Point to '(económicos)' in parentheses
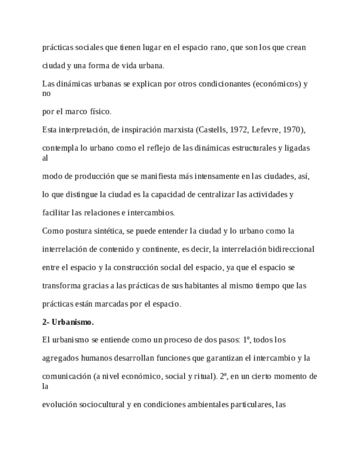(274, 84)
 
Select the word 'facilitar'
(56, 212)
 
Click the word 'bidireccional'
(291, 249)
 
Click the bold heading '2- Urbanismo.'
(68, 322)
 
